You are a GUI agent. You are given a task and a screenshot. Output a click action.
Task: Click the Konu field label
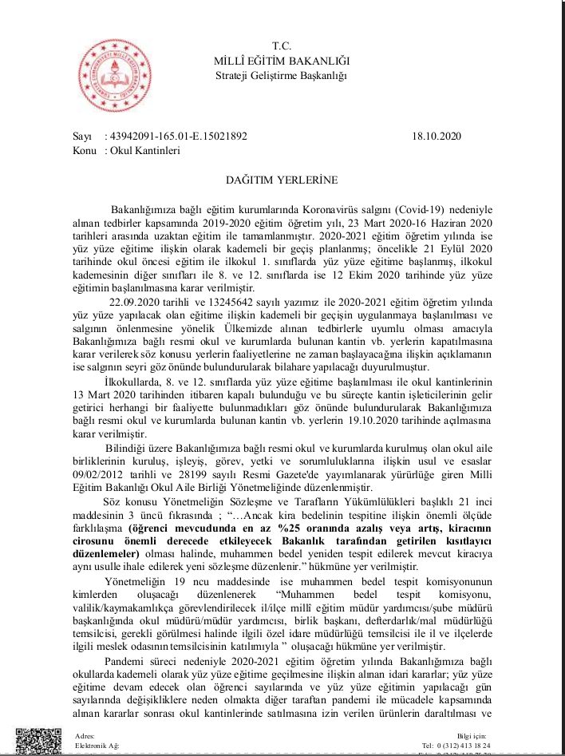85,149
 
